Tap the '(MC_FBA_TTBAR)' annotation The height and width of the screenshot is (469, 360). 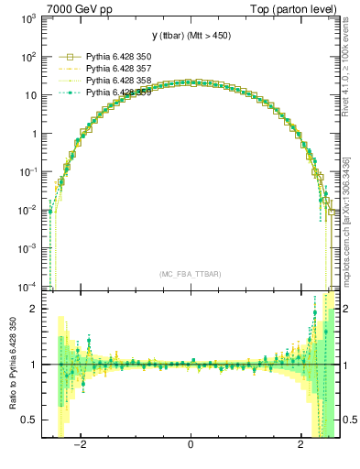[190, 274]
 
